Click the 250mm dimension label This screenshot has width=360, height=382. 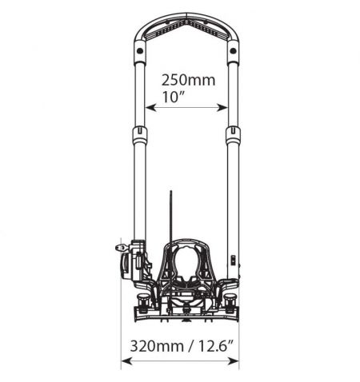pyautogui.click(x=188, y=80)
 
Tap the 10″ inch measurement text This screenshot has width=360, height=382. pyautogui.click(x=170, y=97)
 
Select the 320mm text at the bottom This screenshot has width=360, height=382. pyautogui.click(x=157, y=346)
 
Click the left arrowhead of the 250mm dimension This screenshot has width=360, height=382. pyautogui.click(x=150, y=108)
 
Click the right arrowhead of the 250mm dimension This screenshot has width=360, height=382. pyautogui.click(x=222, y=108)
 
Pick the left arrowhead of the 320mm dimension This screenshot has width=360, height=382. pyautogui.click(x=126, y=361)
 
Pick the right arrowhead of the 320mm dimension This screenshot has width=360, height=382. pyautogui.click(x=234, y=361)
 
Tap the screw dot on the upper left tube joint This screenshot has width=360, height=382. pyautogui.click(x=139, y=50)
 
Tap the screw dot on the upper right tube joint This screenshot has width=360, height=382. pyautogui.click(x=233, y=50)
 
